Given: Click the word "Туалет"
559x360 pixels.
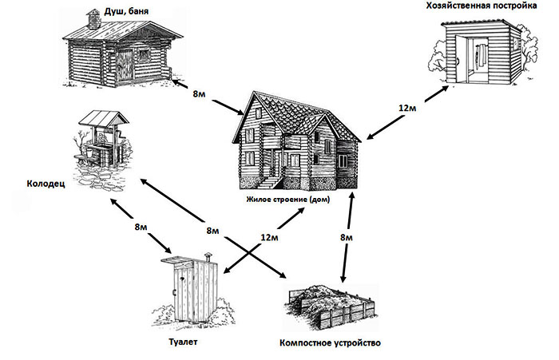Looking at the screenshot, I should coord(183,342).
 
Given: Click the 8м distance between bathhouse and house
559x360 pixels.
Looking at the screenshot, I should coord(202,94).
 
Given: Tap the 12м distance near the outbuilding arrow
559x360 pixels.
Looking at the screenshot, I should coord(408,108).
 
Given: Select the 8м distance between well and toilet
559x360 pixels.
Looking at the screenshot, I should coord(142,227).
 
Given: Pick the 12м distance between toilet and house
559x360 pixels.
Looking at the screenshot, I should coord(270,238).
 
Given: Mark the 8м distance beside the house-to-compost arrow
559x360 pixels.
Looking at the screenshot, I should coord(345,237).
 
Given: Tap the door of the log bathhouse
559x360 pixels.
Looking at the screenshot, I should coord(129,63).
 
